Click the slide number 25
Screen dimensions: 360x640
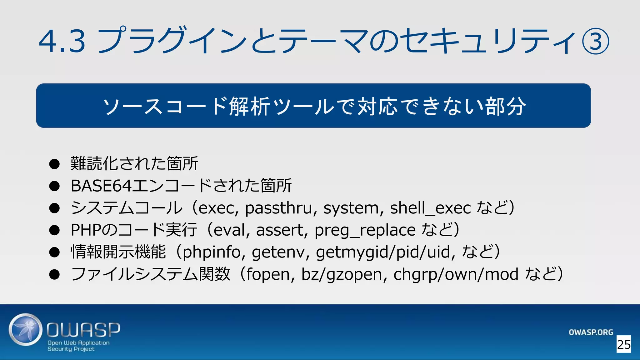(624, 344)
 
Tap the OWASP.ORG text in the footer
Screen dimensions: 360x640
(591, 332)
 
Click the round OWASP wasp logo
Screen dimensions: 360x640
(25, 330)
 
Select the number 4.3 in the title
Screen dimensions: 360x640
(62, 41)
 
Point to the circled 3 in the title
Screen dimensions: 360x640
(595, 42)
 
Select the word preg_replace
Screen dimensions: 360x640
(365, 230)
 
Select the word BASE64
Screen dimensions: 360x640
(101, 186)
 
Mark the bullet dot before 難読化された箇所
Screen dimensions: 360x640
(54, 164)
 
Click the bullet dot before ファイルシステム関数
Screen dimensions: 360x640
(54, 274)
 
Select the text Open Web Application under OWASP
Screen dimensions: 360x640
(78, 342)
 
